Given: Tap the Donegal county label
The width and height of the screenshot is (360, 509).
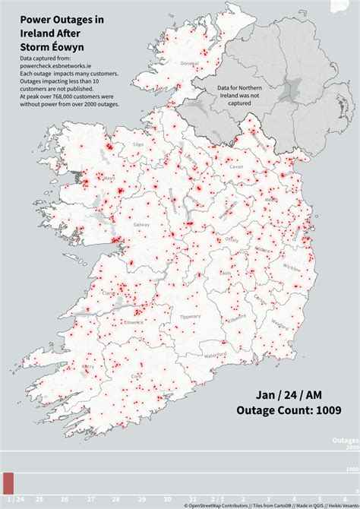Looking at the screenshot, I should coord(189,63).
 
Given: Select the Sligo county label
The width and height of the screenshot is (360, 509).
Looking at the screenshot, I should coord(138,143).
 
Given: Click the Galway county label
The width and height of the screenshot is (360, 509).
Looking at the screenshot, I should coord(140,226).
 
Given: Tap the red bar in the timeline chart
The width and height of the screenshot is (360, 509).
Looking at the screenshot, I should coord(8,483).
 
